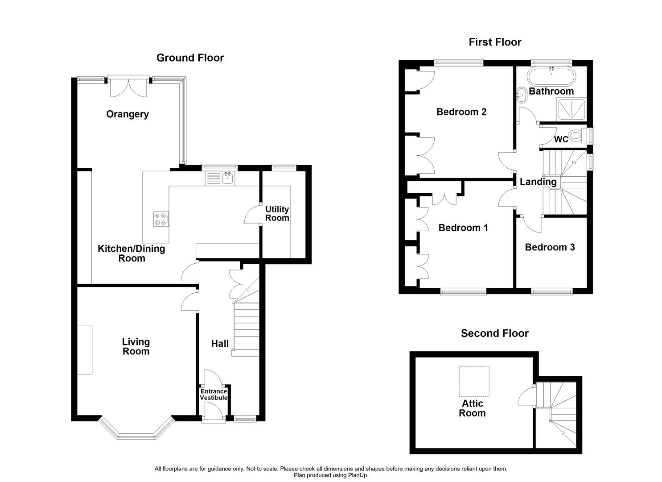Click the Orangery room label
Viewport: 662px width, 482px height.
(x=127, y=114)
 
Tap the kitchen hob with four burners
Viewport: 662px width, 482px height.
(x=161, y=219)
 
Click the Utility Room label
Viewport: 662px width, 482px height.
(x=277, y=214)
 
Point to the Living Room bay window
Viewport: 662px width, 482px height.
(x=135, y=428)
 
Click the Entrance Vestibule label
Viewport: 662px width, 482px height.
(x=214, y=395)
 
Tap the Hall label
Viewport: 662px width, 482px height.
(x=220, y=344)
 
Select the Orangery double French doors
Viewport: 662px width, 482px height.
(x=128, y=87)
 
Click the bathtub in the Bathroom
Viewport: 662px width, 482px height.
(x=551, y=76)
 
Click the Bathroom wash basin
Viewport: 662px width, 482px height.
(x=521, y=95)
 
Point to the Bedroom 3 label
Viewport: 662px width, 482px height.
(x=550, y=247)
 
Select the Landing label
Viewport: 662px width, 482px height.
(x=538, y=182)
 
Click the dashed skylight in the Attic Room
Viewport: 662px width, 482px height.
(x=474, y=382)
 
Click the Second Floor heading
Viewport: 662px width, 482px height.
(x=494, y=333)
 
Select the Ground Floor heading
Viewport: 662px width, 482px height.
(x=190, y=58)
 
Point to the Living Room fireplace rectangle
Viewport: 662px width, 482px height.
(x=85, y=350)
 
